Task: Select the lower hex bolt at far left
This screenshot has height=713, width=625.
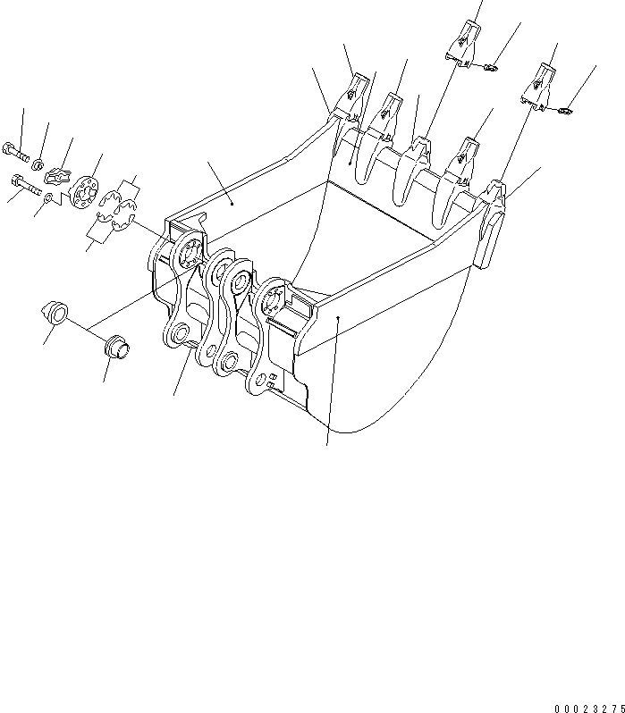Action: click(x=22, y=186)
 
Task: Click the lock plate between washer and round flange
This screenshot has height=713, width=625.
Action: click(x=61, y=176)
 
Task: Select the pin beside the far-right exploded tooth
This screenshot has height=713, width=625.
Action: click(x=563, y=111)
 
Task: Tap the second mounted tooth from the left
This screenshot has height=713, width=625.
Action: click(x=389, y=112)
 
